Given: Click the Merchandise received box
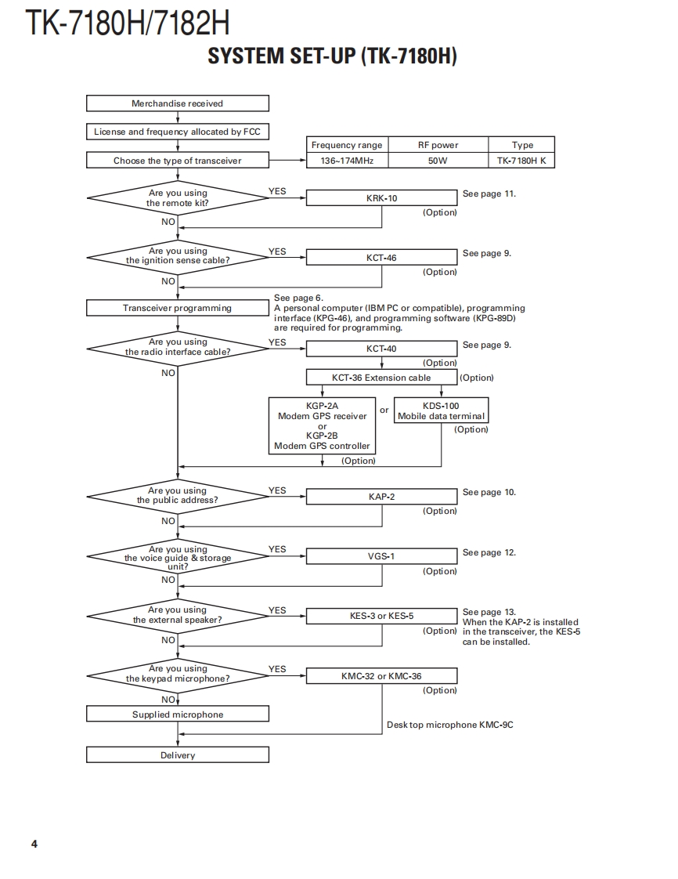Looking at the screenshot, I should click(178, 103).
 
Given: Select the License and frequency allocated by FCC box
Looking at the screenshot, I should click(178, 132).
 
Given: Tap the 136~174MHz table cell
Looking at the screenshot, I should click(347, 161).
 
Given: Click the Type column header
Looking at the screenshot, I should click(522, 145).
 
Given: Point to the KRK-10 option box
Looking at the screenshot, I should click(381, 198).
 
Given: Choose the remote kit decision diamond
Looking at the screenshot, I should click(178, 197).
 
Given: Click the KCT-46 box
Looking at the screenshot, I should click(381, 257).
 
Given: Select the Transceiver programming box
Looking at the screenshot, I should click(178, 308).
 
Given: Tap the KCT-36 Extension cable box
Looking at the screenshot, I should click(381, 378).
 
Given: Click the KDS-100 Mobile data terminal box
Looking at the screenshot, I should click(441, 411).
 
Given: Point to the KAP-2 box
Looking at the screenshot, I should click(381, 497).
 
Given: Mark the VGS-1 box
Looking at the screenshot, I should click(381, 556).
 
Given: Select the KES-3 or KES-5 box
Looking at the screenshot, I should click(381, 616).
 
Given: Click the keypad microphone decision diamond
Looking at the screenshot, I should click(178, 675).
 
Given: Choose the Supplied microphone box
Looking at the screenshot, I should click(178, 714).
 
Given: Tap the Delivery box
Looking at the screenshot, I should click(178, 755).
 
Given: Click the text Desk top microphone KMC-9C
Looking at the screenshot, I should click(449, 725).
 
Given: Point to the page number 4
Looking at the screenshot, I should click(34, 844).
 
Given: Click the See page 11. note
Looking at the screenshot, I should click(489, 194).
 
